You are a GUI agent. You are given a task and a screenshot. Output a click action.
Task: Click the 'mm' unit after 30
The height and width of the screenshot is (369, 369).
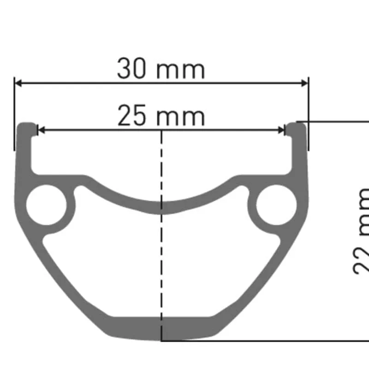[180, 71]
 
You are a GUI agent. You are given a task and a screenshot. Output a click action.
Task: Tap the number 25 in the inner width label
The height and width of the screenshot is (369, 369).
[132, 116]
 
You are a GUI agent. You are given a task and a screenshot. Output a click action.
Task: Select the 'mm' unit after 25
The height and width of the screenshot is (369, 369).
[180, 118]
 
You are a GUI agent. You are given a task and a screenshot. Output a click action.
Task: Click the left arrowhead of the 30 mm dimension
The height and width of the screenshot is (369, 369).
[18, 83]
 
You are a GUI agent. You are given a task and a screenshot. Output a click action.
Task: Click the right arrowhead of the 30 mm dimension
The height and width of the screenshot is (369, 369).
[304, 83]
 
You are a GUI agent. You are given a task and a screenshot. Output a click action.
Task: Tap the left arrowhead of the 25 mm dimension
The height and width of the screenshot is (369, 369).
[41, 130]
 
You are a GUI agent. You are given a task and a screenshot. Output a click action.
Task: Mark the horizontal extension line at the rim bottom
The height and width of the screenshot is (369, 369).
[277, 341]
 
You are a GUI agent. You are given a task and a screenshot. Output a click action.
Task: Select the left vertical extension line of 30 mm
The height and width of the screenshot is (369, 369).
[15, 115]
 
